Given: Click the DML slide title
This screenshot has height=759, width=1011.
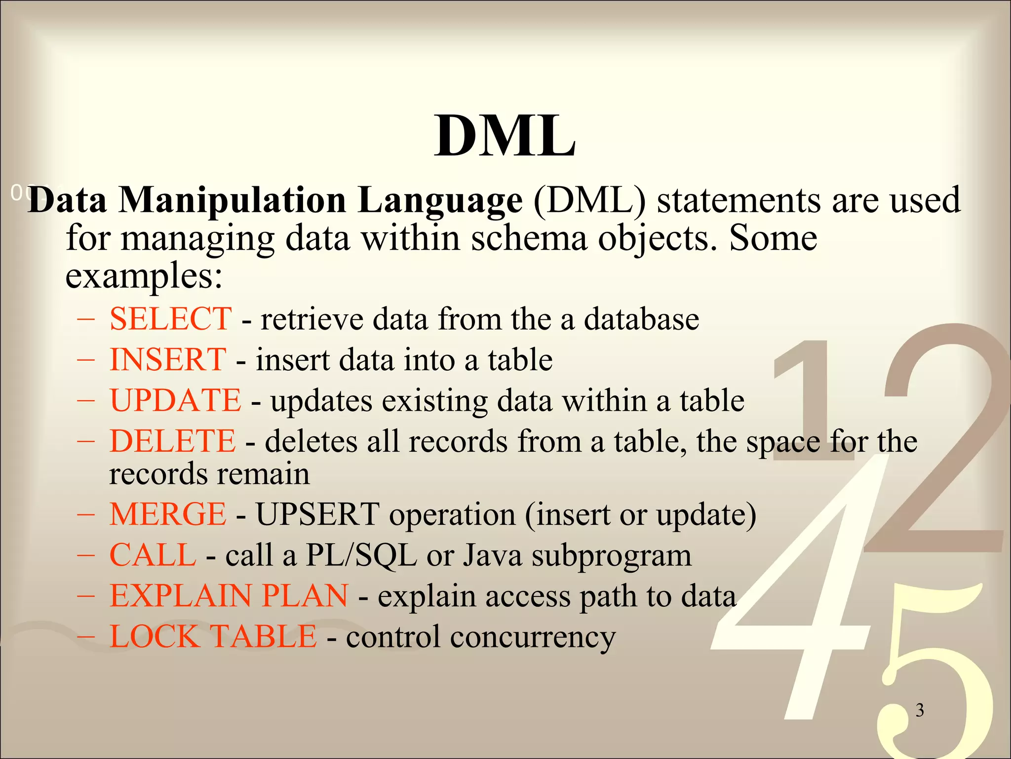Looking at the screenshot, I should pos(505,136).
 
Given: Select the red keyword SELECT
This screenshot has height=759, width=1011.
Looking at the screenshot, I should pos(170,319).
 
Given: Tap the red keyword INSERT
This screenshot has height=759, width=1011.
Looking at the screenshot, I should pos(168,359).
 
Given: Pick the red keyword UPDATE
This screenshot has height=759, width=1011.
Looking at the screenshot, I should pos(175,400).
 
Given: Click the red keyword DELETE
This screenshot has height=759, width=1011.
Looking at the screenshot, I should pos(172,441).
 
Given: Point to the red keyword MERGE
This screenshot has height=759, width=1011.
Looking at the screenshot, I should pos(168,514).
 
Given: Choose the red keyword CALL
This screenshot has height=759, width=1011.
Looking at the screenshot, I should pos(153,555).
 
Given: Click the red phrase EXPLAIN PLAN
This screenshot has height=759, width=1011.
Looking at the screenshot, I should pos(229,595).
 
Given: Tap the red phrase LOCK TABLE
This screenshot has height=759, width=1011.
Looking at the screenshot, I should pos(213,636).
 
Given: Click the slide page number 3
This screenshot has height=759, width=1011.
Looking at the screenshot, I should pos(920,710).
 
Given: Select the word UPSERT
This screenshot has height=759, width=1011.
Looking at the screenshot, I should pos(317,514).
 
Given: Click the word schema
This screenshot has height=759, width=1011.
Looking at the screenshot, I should pos(529,238).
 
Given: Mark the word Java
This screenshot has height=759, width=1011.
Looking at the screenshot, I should pos(492,555).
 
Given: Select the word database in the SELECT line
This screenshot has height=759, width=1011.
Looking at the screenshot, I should pos(641,319).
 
